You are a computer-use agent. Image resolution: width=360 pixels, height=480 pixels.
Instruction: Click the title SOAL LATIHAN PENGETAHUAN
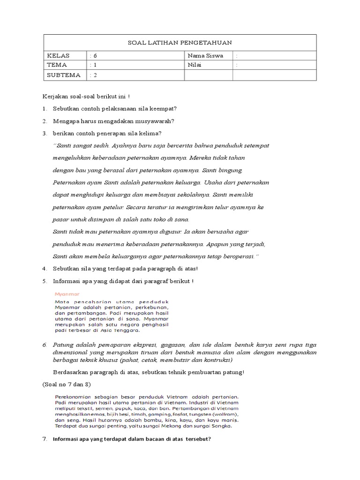[180, 43]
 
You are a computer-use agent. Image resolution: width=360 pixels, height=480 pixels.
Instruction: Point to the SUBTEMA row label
[63, 75]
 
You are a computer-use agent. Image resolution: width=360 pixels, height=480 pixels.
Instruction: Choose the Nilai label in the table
[194, 65]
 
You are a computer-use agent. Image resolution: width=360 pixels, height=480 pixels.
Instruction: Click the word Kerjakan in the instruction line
[54, 97]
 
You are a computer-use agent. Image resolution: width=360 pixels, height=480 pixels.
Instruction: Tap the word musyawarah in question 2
[155, 121]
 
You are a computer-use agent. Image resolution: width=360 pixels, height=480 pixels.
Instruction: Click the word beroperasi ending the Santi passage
[238, 256]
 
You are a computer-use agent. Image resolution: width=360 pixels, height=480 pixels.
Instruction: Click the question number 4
[44, 269]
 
